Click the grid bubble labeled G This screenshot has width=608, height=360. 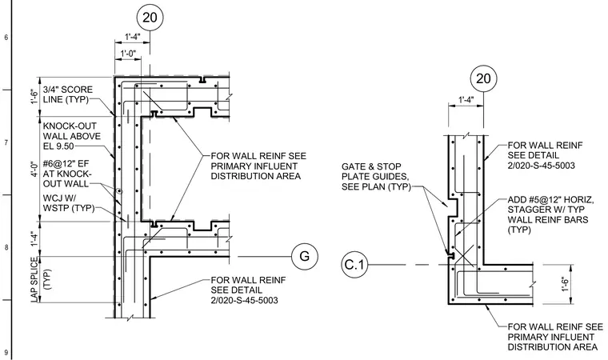tap(305, 257)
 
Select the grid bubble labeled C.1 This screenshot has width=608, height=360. tap(354, 265)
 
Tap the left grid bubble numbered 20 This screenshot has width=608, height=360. tap(150, 17)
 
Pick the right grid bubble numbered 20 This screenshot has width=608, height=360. tap(483, 78)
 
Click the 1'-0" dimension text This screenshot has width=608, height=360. tap(128, 53)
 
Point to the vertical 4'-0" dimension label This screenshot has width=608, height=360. tap(34, 168)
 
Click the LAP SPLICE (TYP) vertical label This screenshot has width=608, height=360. tap(40, 279)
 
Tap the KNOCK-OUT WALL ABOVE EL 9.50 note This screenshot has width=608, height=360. tap(72, 136)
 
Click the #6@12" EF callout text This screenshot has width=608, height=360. tap(66, 173)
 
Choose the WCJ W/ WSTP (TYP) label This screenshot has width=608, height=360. tap(69, 203)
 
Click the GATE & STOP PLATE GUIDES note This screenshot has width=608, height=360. tap(376, 177)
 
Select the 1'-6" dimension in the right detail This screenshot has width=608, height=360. tap(566, 284)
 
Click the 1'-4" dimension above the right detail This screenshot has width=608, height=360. tap(466, 100)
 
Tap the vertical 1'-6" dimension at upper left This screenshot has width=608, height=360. tap(34, 96)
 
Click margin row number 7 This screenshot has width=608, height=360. tap(6, 143)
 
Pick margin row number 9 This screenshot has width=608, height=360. tap(6, 353)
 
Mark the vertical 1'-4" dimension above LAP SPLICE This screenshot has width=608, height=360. tap(34, 239)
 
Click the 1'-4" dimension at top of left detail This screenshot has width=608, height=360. tap(132, 37)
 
